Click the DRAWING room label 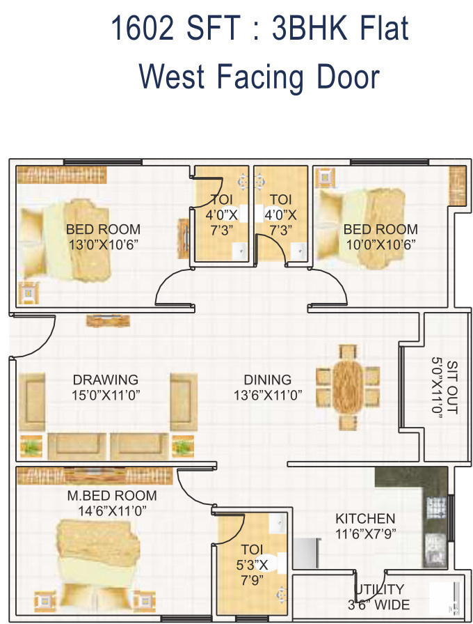(x=105, y=380)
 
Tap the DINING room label (x=268, y=380)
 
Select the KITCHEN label (x=365, y=519)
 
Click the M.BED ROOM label (x=112, y=495)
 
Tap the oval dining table (x=348, y=387)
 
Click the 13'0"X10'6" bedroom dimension (x=104, y=244)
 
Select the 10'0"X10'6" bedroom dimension (x=380, y=244)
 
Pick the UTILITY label (x=380, y=589)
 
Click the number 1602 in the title (x=142, y=28)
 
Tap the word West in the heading (x=172, y=77)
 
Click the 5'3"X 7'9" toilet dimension (x=252, y=572)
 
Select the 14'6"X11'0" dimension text (x=112, y=510)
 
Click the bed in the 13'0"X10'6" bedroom (x=65, y=241)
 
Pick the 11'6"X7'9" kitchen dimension (x=366, y=533)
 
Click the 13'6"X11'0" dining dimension (x=268, y=395)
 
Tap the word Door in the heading (x=348, y=77)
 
